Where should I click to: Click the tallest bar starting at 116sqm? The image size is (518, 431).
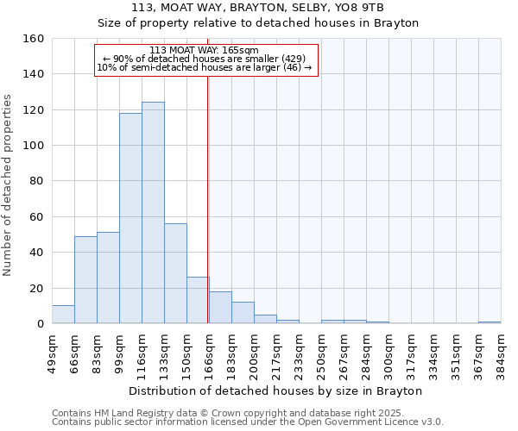[153, 213]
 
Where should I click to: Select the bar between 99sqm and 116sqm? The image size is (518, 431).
[130, 218]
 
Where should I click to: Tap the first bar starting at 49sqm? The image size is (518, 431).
[63, 315]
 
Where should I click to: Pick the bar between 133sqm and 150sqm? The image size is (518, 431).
[175, 273]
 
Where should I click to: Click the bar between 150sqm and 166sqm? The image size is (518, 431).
[198, 300]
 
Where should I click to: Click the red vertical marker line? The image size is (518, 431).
[207, 215]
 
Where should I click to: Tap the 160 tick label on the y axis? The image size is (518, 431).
[34, 39]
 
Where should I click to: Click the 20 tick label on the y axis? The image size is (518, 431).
[37, 288]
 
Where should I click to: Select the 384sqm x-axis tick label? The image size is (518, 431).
[501, 353]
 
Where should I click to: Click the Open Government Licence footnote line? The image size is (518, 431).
[248, 422]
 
